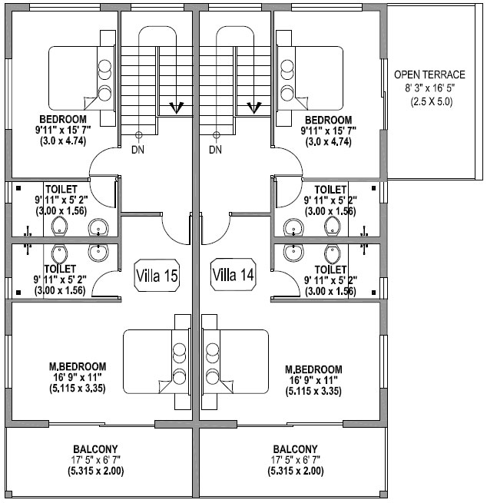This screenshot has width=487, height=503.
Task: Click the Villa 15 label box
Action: coord(157,275)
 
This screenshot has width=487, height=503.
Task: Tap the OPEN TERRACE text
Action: coord(429,75)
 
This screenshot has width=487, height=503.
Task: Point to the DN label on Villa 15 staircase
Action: coord(137,149)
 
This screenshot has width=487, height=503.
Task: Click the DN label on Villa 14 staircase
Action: coord(216,149)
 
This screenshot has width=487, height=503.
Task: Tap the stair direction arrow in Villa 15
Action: coord(176,107)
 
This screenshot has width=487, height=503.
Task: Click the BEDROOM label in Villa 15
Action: coord(63,120)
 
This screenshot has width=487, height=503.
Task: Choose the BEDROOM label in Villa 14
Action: coord(328,120)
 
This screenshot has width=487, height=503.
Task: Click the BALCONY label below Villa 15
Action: coord(95,449)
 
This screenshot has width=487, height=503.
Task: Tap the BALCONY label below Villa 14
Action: coord(295,449)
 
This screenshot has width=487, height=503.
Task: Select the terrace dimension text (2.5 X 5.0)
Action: coord(430,101)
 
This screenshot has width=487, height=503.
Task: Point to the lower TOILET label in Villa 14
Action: coord(330,270)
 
